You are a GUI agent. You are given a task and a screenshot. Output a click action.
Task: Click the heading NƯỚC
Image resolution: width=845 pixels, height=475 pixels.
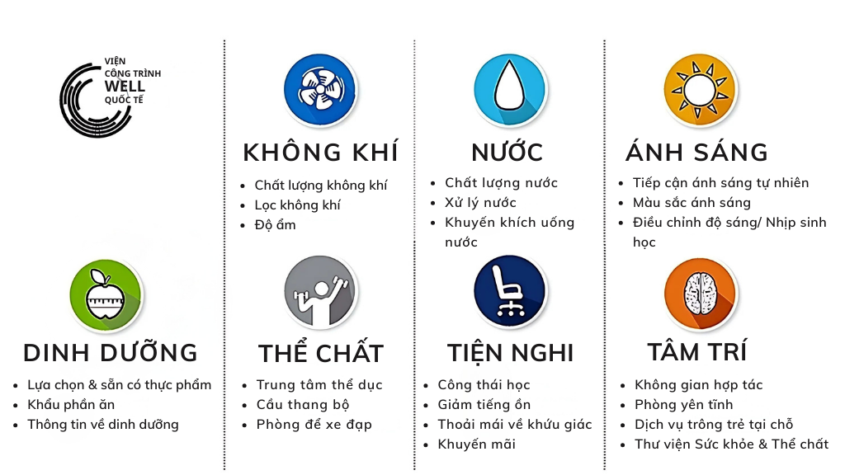point(507,153)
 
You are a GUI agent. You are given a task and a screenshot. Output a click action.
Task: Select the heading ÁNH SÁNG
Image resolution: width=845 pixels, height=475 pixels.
point(697,153)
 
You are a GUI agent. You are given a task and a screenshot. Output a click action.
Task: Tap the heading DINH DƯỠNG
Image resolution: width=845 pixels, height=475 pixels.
point(111,353)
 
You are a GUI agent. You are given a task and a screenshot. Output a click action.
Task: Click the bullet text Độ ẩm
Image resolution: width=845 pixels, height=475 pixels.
point(275,225)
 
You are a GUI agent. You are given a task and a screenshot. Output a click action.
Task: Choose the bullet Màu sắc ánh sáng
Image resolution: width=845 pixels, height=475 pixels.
point(692,203)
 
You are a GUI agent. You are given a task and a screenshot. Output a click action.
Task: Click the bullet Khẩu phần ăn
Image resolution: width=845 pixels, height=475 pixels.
point(71,405)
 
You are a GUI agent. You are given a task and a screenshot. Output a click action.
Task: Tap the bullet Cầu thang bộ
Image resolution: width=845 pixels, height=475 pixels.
point(303,405)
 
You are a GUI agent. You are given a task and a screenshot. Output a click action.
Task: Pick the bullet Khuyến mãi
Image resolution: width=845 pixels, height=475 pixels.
point(477,444)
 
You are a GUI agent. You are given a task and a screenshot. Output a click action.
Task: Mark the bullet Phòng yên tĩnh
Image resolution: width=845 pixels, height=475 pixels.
point(683,405)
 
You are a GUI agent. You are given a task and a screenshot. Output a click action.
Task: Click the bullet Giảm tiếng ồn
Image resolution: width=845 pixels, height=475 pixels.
point(484,405)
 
